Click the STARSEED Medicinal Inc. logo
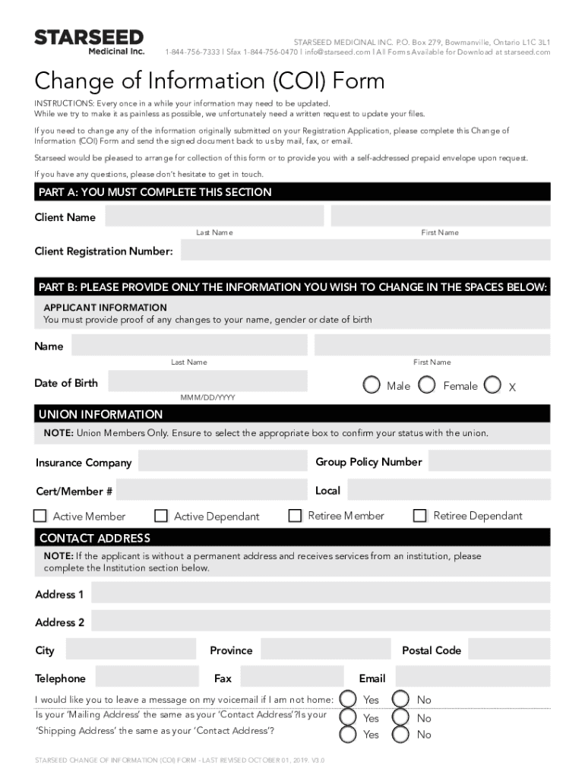click(89, 42)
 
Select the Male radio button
click(372, 385)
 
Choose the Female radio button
click(428, 385)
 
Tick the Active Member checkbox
click(40, 516)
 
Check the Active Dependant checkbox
click(161, 516)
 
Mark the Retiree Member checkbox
click(296, 516)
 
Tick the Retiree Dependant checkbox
click(420, 516)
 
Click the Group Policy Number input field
click(489, 461)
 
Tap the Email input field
click(473, 677)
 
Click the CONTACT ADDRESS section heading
click(95, 538)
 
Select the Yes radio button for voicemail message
click(347, 699)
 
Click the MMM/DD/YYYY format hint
click(207, 397)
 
